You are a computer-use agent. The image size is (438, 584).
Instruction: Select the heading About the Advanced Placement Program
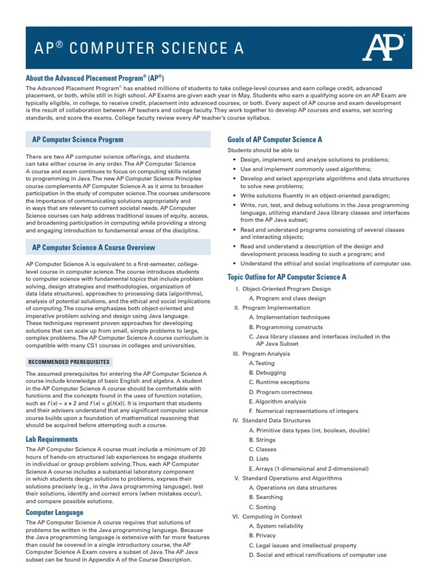[x=95, y=78]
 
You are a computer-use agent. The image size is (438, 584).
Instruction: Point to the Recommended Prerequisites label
[x=68, y=362]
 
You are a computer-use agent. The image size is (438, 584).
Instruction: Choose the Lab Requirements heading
[x=52, y=439]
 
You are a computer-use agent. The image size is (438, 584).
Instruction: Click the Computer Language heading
[x=54, y=512]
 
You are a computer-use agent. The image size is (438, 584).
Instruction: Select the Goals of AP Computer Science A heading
[x=274, y=139]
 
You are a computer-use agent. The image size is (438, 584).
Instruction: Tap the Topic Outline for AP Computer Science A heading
[x=287, y=277]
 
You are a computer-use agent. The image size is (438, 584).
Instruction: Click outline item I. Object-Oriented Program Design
[x=283, y=289]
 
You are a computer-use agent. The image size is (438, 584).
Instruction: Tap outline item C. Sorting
[x=262, y=507]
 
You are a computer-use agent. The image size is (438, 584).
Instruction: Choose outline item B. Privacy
[x=262, y=536]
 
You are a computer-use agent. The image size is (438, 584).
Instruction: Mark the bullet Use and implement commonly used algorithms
[x=305, y=169]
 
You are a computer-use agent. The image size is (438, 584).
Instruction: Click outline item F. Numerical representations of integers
[x=303, y=411]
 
